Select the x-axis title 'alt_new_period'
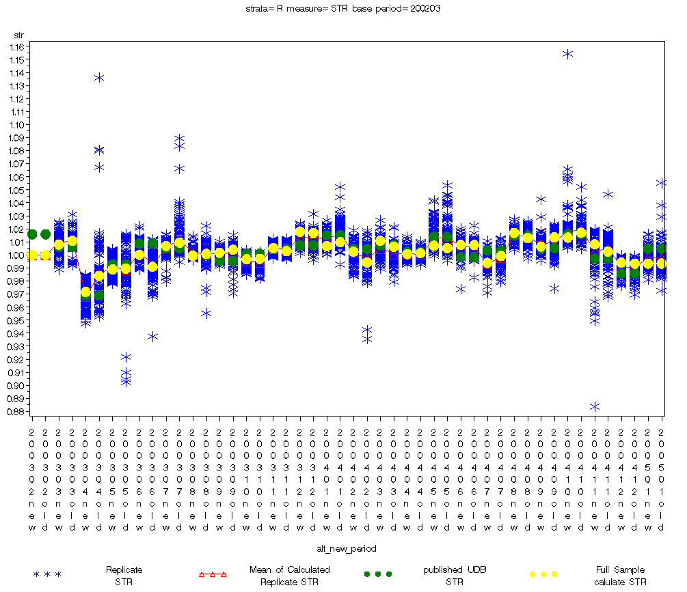(x=347, y=548)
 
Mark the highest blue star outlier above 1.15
(x=567, y=54)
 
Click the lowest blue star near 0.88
(x=595, y=406)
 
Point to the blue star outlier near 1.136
(x=99, y=78)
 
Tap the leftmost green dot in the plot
(x=31, y=234)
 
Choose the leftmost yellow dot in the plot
(x=31, y=255)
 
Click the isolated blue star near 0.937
(x=152, y=336)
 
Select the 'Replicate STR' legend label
(x=119, y=576)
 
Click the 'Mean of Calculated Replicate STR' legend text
(x=288, y=576)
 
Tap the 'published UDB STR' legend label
(x=453, y=576)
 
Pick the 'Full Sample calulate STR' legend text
(x=619, y=576)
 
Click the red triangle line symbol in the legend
(x=212, y=574)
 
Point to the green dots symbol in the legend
(x=377, y=574)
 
